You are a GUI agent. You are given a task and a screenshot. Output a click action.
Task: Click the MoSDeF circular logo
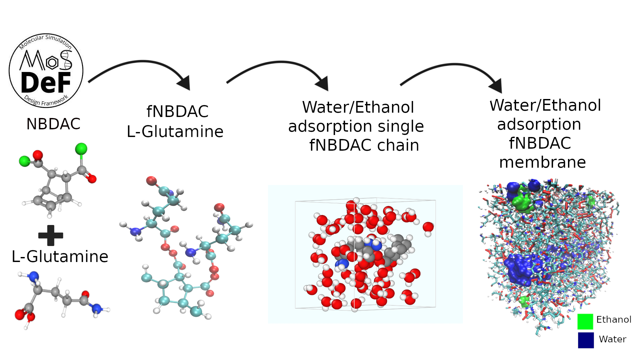(x=46, y=71)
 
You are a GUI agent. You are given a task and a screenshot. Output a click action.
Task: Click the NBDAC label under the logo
(x=53, y=124)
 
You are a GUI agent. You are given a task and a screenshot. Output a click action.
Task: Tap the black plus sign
(x=51, y=235)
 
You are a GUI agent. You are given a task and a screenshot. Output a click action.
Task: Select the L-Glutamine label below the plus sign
(x=60, y=257)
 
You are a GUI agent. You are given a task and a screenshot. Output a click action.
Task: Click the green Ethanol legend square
(x=585, y=321)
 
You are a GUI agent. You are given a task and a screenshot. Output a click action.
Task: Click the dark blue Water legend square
(x=586, y=340)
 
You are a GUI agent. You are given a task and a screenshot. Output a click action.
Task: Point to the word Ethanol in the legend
(x=614, y=320)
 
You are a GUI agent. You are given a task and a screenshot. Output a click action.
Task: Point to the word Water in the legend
(x=612, y=339)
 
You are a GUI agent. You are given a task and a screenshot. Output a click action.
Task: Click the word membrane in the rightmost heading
(x=542, y=162)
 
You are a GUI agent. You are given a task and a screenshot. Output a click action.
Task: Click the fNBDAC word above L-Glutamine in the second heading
(x=177, y=112)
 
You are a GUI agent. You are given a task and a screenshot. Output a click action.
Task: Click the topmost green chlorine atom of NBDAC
(x=81, y=149)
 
